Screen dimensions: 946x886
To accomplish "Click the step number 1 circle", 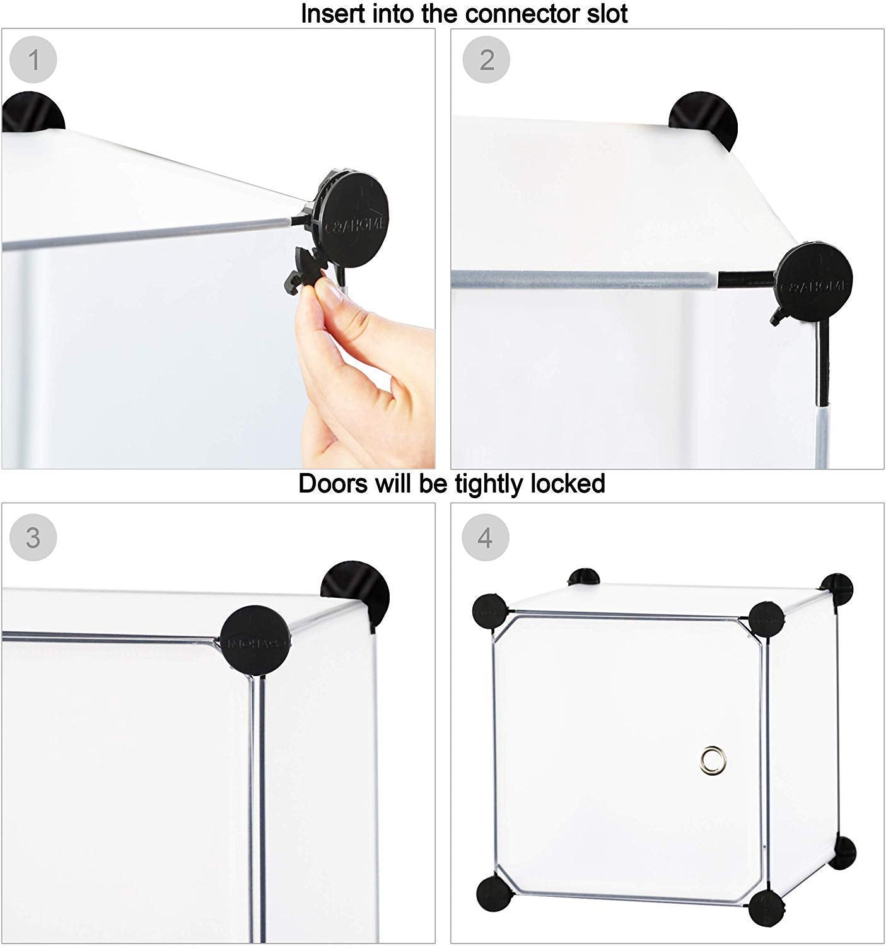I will click(33, 60).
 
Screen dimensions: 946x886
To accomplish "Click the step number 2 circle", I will click(486, 60).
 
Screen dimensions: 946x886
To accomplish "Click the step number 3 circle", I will click(33, 538).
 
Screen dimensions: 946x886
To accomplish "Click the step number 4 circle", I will click(485, 538).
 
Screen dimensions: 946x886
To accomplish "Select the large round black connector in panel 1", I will click(353, 218).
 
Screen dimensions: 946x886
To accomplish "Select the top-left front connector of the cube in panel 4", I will click(489, 611).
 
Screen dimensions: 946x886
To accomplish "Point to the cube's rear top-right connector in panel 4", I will click(837, 590).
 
